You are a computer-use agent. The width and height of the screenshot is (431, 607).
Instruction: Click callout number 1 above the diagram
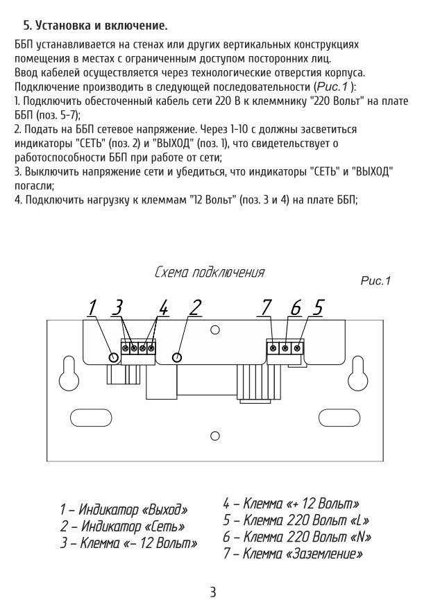point(92,307)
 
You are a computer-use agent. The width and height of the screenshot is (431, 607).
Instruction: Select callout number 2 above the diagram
point(196,307)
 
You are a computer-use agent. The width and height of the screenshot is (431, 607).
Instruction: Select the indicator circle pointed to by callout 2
point(177,357)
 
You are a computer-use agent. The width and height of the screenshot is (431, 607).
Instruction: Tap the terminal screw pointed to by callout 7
point(273,348)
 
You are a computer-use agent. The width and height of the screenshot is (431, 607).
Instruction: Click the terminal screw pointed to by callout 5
point(297,348)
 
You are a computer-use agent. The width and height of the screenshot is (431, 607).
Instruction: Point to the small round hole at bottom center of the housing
point(214,436)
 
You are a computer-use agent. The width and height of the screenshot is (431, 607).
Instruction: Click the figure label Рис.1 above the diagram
point(376,281)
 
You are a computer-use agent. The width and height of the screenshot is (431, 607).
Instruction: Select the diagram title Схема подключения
point(209,272)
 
